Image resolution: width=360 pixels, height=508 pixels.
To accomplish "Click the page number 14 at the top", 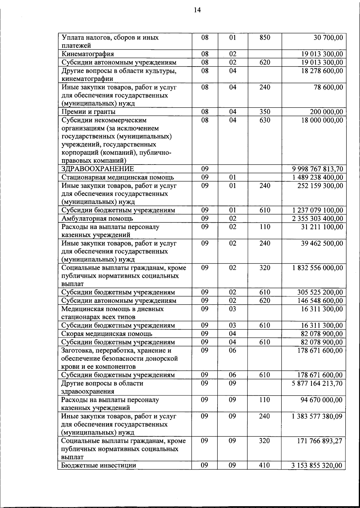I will tap(197, 10).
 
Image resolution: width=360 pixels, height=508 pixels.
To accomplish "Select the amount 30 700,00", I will tap(328, 37).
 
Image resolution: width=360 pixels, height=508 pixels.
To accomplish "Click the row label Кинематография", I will tap(88, 54).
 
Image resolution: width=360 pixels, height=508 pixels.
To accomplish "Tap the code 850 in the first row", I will tap(265, 37).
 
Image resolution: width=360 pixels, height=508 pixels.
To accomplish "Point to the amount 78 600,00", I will tap(328, 87).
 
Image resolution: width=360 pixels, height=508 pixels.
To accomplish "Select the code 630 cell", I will tap(265, 120).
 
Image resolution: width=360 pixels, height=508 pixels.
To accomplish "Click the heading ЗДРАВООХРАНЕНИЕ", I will tap(97, 169).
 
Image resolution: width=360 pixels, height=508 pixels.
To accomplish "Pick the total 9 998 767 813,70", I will tap(317, 169).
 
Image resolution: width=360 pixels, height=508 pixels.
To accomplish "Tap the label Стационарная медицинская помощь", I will tap(118, 177).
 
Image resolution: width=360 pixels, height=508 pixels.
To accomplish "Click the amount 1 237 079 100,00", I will tap(317, 210).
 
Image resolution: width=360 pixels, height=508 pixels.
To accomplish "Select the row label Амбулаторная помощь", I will tap(97, 218).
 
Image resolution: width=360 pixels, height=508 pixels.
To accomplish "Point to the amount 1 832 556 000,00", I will tap(317, 268).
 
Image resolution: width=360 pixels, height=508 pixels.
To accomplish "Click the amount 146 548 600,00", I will tap(320, 301).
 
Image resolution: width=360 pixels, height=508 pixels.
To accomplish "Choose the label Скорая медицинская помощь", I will tap(106, 334).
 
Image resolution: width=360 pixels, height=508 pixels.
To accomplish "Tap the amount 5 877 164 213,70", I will tap(317, 383).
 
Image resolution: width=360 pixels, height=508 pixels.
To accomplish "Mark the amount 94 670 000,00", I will tap(321, 400).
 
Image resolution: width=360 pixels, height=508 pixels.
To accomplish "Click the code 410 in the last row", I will tap(264, 465).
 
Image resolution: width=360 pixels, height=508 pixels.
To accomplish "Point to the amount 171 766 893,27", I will tap(319, 441).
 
